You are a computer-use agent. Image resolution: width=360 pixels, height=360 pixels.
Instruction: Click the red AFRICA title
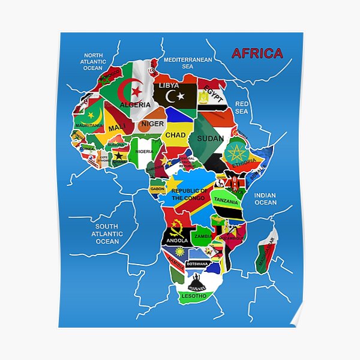(x=257, y=53)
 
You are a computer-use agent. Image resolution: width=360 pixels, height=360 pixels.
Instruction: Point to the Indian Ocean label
(x=265, y=199)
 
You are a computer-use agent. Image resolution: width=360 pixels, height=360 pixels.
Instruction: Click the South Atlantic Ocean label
(x=107, y=234)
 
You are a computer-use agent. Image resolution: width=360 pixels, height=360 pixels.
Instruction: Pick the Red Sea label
(x=241, y=107)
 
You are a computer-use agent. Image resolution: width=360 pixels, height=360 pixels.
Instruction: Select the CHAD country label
(x=176, y=135)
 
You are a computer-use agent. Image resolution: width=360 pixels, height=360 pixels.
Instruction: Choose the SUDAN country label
(x=210, y=138)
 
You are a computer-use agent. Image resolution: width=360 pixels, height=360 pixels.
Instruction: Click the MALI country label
(x=116, y=128)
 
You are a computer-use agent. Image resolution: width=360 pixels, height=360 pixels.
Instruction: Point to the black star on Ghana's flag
(x=119, y=155)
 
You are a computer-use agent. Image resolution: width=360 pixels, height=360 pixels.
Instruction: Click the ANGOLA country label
(x=177, y=240)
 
